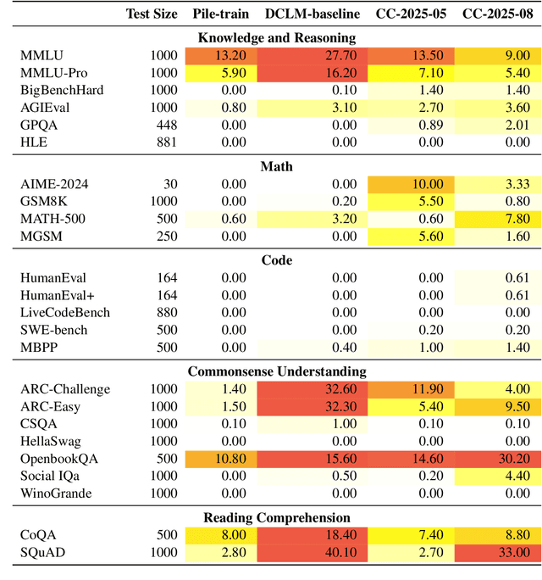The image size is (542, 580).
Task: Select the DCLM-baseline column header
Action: [311, 13]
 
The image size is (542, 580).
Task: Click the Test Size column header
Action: [152, 13]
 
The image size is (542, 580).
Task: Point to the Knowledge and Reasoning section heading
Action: [276, 37]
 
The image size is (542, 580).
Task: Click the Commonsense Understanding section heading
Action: [276, 371]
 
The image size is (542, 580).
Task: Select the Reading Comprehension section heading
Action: [276, 517]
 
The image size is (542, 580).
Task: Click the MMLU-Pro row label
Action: [53, 72]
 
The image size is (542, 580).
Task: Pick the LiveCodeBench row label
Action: [65, 313]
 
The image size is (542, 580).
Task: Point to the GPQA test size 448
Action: [166, 125]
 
